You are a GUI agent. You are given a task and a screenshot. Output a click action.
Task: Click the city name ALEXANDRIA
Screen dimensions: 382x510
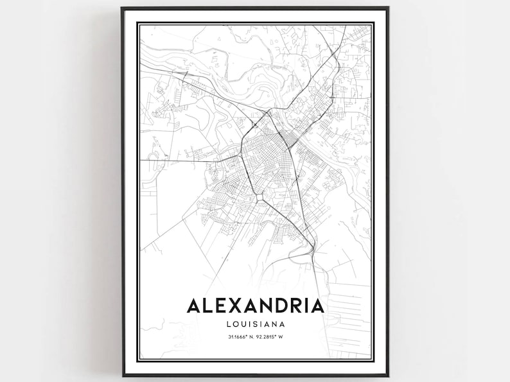[x=255, y=304]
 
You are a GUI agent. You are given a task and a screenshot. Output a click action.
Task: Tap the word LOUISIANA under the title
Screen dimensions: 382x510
[x=255, y=324]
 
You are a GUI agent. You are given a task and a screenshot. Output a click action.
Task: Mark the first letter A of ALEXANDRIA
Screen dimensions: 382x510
[x=193, y=304]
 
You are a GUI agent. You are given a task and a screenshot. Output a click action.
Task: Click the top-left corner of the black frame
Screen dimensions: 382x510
[x=122, y=8]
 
